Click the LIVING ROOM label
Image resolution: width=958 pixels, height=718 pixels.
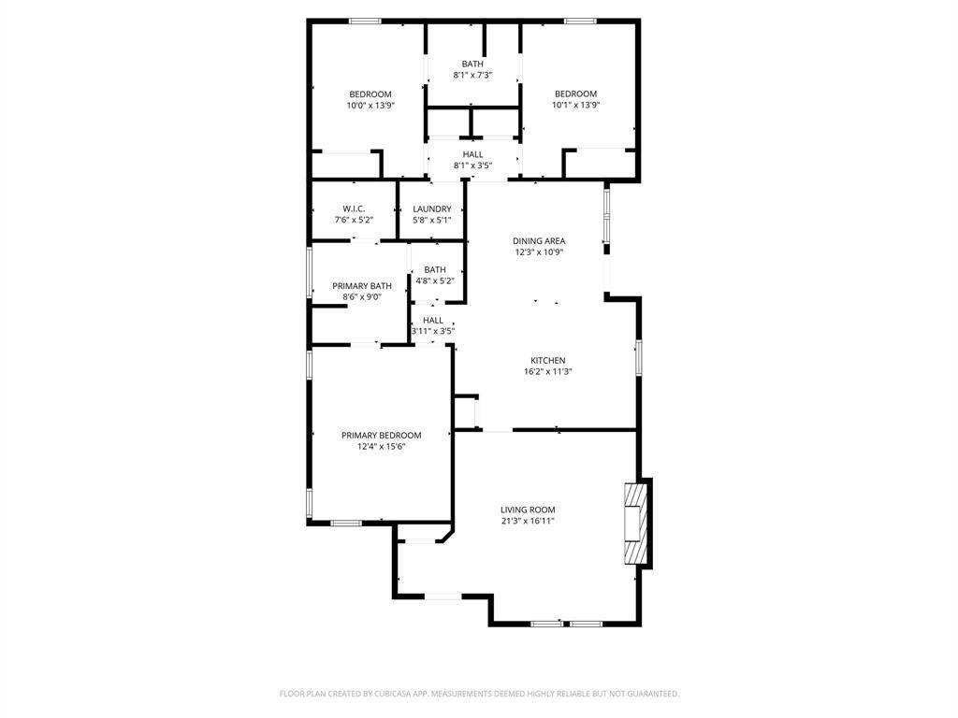pos(528,510)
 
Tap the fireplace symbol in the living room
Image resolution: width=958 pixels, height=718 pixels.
pos(637,524)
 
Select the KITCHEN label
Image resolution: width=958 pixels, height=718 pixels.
pos(548,360)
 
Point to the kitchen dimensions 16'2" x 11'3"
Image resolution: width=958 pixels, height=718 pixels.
pos(548,371)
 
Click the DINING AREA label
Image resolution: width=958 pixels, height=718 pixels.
pos(539,240)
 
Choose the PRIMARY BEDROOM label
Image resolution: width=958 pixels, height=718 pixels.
pos(381,435)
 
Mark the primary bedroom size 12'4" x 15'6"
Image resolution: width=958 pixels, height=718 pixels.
pos(381,446)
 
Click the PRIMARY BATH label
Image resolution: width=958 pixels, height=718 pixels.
pos(362,286)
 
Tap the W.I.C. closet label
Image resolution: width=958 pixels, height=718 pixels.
pos(354,208)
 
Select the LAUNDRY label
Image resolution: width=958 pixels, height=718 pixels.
pos(432,208)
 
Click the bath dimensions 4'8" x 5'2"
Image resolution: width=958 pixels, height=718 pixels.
pos(434,280)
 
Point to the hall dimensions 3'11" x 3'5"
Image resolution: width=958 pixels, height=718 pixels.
pos(433,331)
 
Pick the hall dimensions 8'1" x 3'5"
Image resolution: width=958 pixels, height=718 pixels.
pos(472,165)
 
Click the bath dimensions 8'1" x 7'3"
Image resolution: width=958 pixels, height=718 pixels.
pos(472,75)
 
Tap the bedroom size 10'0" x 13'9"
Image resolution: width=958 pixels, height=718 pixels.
pos(370,106)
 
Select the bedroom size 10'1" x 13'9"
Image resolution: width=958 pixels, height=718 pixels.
pos(575,106)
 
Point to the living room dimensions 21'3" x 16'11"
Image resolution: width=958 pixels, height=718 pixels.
pos(528,521)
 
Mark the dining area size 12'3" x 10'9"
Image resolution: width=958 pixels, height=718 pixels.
pos(539,251)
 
